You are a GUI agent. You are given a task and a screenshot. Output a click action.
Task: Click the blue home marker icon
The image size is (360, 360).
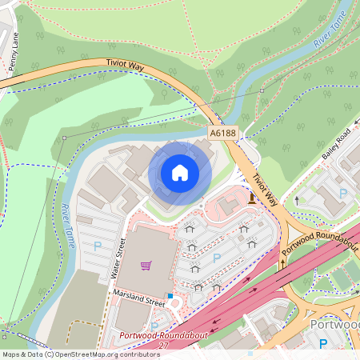point(180,172)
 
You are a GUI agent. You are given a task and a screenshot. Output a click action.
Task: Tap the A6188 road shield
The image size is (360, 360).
point(224,134)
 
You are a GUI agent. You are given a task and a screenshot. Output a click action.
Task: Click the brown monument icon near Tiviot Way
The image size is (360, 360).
point(252,198)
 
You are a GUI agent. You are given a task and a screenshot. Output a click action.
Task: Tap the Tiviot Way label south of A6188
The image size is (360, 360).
point(265,190)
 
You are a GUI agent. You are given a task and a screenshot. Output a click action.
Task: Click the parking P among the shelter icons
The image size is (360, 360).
point(217,258)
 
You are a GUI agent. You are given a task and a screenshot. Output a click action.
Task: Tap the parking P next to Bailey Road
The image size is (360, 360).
point(343,193)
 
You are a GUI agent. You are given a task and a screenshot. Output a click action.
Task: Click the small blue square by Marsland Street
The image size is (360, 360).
point(170,297)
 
